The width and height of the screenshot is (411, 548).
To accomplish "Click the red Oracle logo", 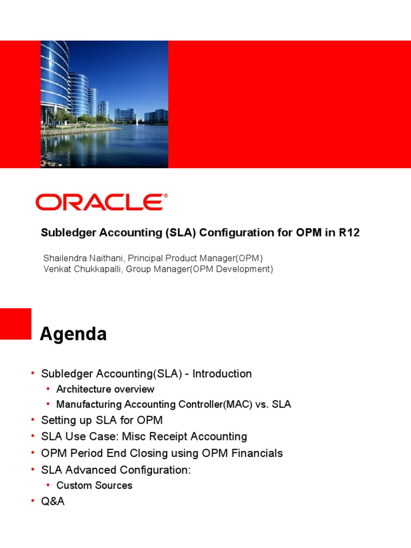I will (100, 202).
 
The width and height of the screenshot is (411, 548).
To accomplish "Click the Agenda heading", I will (73, 334).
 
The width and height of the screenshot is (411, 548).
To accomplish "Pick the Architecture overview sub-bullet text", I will (105, 389).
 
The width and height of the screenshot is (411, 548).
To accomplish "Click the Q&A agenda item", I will (53, 502).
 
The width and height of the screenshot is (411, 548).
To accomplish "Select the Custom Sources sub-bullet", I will (94, 485).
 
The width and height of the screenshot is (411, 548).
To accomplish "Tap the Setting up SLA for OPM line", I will (102, 420).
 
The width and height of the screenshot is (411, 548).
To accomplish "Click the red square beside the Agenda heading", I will (16, 324).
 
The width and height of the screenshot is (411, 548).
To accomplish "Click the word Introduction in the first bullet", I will (222, 374).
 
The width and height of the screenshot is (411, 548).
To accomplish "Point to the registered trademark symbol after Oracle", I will (165, 196).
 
